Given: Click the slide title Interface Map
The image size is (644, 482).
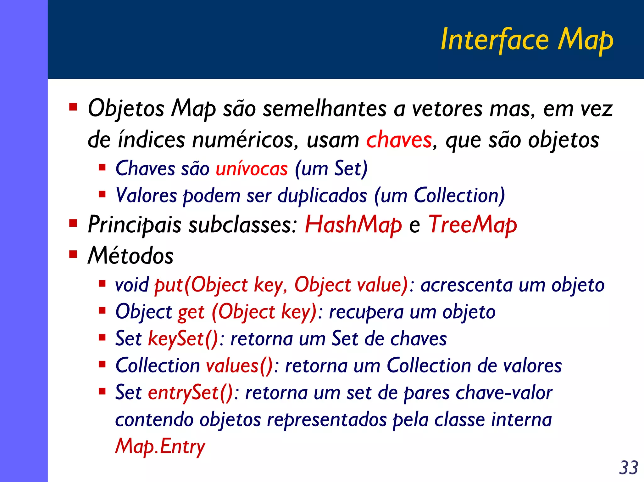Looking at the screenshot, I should [527, 40].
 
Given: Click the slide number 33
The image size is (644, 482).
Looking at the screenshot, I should [629, 468].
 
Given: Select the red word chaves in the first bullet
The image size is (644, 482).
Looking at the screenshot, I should [399, 140].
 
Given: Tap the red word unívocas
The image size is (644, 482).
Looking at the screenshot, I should [252, 168].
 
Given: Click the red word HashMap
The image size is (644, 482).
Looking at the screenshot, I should [353, 225].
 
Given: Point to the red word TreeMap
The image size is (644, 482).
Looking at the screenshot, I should [473, 225].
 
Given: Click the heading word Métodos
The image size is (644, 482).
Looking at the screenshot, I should [130, 255].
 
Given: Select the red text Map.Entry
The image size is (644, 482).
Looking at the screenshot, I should [160, 446].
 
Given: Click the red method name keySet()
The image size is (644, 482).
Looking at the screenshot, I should [183, 339].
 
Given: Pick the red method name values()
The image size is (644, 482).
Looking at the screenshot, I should [239, 366].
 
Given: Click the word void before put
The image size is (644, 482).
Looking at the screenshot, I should [132, 285].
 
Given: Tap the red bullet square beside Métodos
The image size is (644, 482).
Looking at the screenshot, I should [73, 253].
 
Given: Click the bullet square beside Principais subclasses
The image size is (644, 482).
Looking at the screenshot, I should [73, 223].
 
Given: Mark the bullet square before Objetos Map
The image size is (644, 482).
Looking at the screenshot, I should [73, 107].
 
